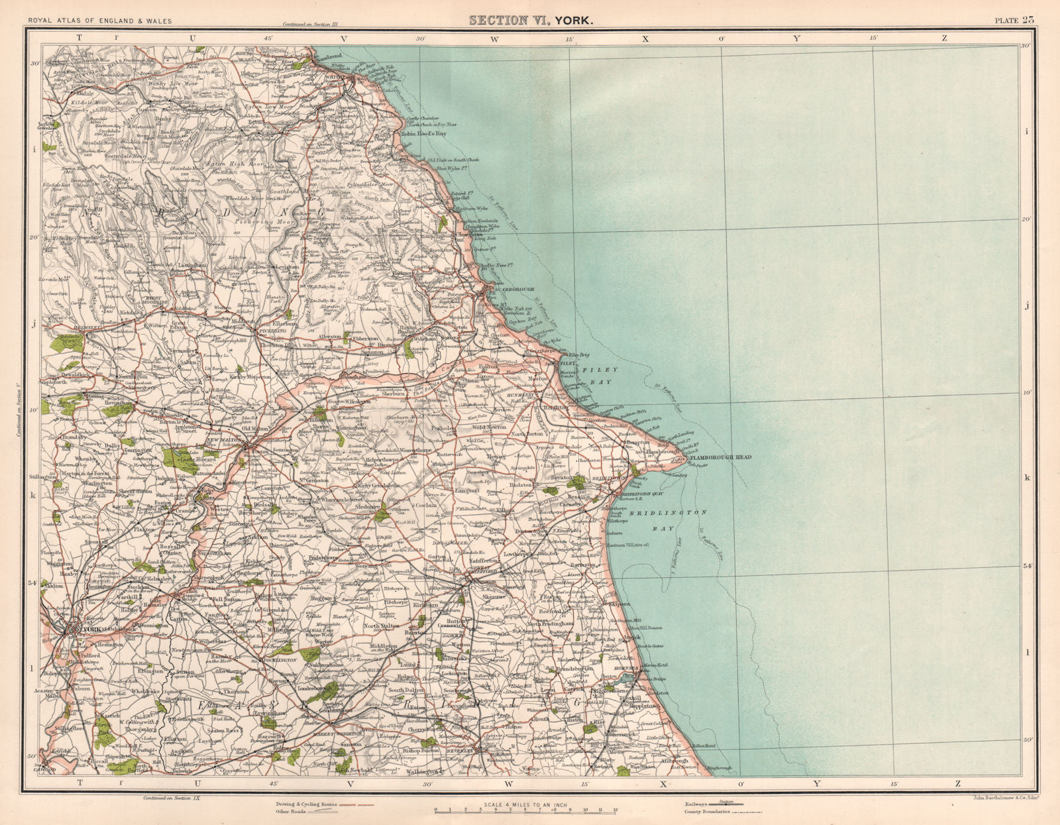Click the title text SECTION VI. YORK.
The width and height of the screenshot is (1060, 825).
(x=531, y=20)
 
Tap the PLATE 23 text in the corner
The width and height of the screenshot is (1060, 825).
(x=1014, y=20)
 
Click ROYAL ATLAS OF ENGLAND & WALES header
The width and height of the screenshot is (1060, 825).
(x=99, y=21)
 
